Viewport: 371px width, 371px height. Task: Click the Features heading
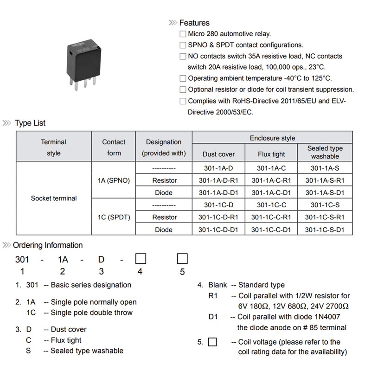(x=194, y=23)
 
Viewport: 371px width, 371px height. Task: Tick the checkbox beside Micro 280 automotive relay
(x=183, y=34)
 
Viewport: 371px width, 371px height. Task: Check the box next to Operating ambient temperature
(x=183, y=78)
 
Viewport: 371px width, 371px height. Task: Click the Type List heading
(x=30, y=123)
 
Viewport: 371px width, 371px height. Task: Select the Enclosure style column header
(x=272, y=138)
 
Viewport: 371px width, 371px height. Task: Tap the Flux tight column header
(x=271, y=154)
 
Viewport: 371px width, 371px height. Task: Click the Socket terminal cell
(x=53, y=198)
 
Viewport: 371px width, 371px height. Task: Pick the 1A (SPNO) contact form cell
(x=114, y=180)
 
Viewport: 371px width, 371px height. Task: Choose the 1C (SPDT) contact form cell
(x=114, y=217)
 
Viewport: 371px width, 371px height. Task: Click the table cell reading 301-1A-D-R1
(x=218, y=180)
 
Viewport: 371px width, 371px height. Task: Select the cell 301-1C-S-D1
(x=325, y=230)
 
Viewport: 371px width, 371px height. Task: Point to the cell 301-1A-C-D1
(x=271, y=192)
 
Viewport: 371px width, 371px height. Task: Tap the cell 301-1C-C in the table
(x=271, y=205)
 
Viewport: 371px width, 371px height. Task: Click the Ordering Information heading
(x=48, y=245)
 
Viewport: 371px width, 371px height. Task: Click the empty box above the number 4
(x=141, y=258)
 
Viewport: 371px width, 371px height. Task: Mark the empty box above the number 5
(x=182, y=258)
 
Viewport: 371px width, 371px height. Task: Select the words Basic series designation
(x=91, y=285)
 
